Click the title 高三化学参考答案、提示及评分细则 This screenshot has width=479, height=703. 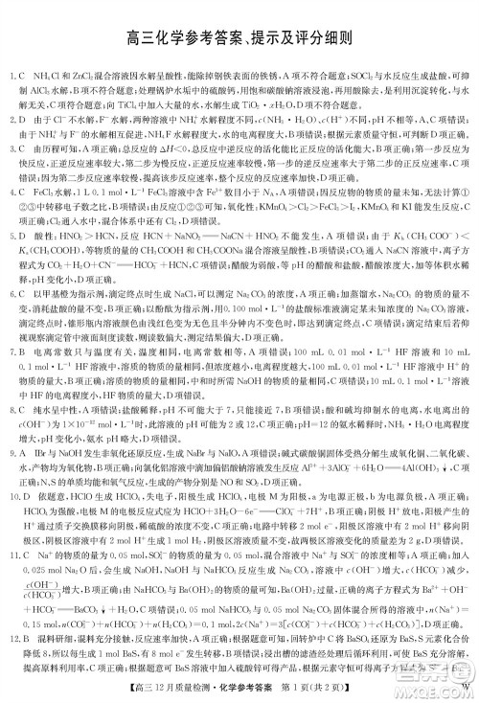(x=239, y=39)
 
